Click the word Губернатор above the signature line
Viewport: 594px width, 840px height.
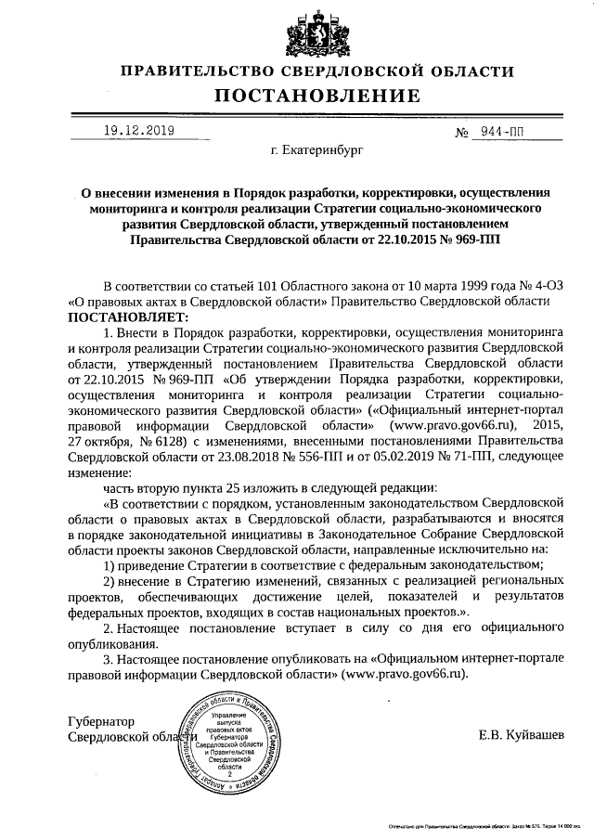tap(101, 721)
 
